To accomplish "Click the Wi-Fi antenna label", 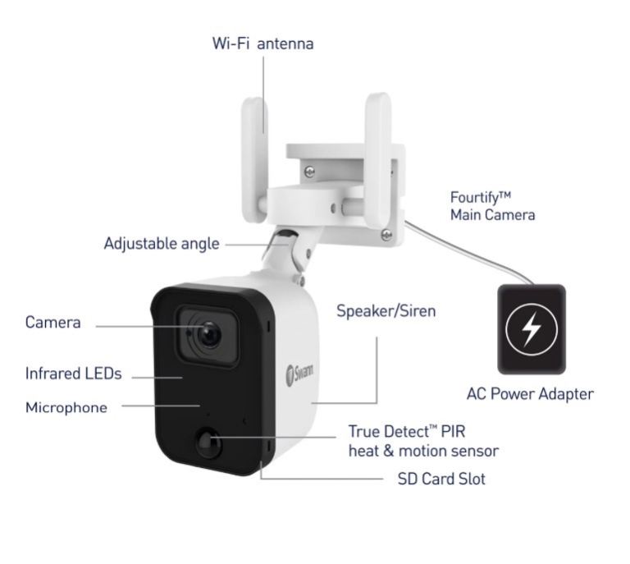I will coord(262,44).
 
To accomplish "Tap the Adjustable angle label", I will coord(162,244).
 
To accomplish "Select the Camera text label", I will coord(53,323).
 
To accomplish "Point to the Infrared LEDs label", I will coord(73,374).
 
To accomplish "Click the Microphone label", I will coord(66,407).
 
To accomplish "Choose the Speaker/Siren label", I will coord(386,311).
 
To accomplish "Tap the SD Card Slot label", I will coord(441,479).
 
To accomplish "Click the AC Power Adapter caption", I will coord(529,394).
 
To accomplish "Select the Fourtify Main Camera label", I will coord(492,206).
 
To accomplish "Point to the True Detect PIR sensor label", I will coord(423,441).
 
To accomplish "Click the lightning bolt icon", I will coord(530,329).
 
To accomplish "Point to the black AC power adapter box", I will coord(530,329).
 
